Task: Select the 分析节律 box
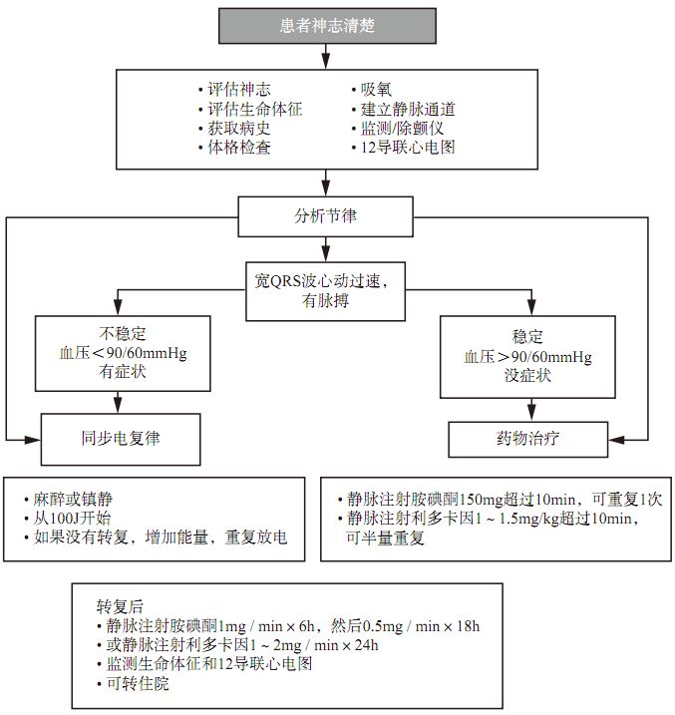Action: pyautogui.click(x=323, y=213)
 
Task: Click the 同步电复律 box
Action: pyautogui.click(x=122, y=437)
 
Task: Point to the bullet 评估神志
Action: pyautogui.click(x=237, y=90)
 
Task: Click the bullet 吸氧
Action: pyautogui.click(x=380, y=90)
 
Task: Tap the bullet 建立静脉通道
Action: pyautogui.click(x=408, y=109)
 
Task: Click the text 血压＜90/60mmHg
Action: pyautogui.click(x=124, y=352)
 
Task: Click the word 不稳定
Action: pyautogui.click(x=124, y=333)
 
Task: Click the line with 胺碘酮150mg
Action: pyautogui.click(x=499, y=499)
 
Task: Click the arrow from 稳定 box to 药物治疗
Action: pyautogui.click(x=531, y=406)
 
